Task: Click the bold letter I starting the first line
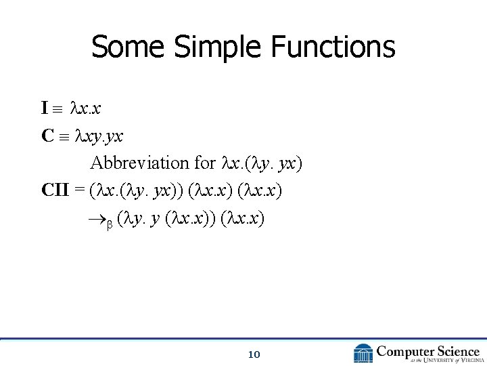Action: point(45,108)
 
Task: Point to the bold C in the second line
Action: point(47,136)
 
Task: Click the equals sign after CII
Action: point(81,190)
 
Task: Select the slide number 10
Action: point(254,354)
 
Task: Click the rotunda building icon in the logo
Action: point(363,352)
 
